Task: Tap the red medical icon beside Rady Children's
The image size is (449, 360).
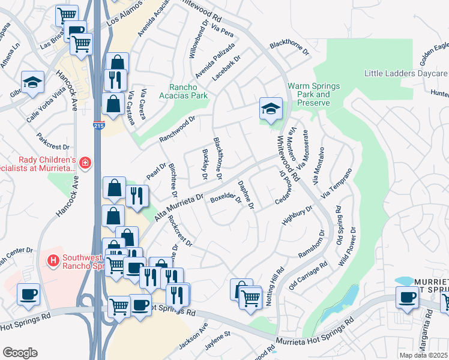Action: (85, 163)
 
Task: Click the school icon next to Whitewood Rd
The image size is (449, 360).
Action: (271, 109)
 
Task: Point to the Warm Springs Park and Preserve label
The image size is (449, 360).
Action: (313, 94)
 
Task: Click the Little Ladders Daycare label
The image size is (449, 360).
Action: (406, 73)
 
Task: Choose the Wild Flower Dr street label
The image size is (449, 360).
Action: (348, 247)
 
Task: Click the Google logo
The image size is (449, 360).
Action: (20, 353)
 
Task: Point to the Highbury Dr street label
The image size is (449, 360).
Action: (297, 217)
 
